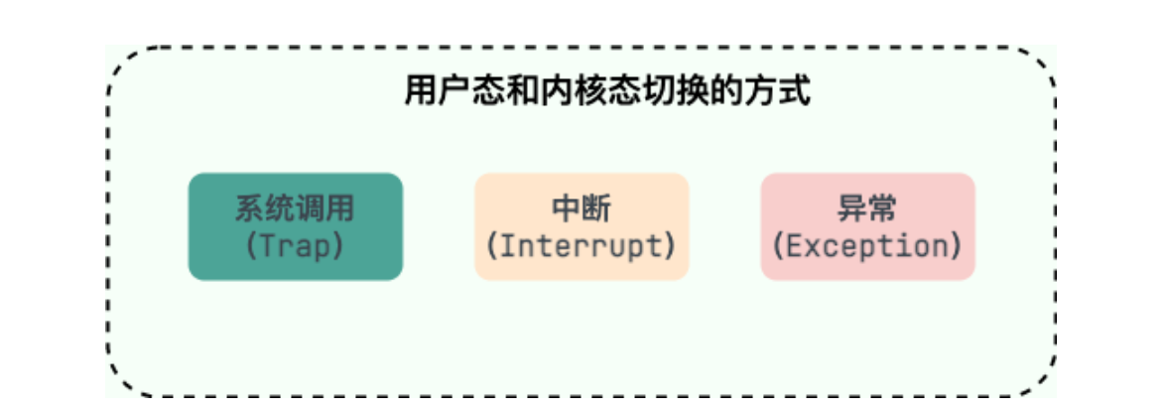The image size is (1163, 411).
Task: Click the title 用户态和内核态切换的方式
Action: click(607, 92)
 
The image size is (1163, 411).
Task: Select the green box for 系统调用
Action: click(296, 226)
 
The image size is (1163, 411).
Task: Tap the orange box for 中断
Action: click(581, 226)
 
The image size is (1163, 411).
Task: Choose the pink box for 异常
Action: click(867, 226)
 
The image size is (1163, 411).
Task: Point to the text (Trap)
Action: click(295, 245)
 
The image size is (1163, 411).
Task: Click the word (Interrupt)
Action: click(581, 245)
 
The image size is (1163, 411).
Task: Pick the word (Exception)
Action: click(867, 245)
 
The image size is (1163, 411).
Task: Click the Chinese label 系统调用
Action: click(295, 209)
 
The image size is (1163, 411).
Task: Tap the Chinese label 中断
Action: click(581, 209)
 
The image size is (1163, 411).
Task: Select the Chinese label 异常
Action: click(867, 209)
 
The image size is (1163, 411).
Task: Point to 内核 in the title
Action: click(574, 92)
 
